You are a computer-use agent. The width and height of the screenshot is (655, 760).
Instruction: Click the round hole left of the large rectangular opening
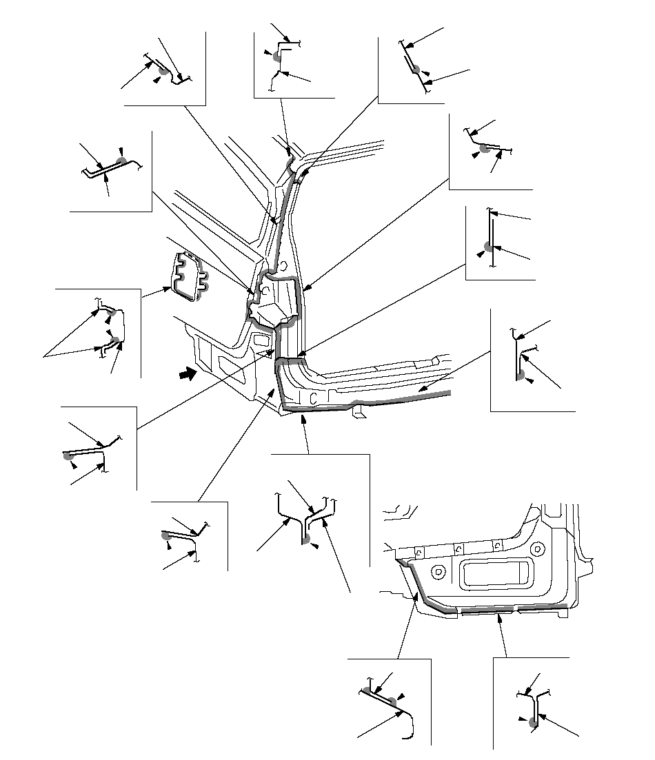click(438, 571)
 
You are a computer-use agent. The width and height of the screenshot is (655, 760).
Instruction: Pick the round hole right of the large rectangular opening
click(537, 551)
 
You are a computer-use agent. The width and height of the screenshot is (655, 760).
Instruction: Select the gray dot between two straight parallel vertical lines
click(488, 246)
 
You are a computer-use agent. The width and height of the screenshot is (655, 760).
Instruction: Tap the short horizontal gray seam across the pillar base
click(290, 359)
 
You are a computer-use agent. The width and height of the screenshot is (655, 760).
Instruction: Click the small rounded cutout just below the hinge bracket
click(261, 339)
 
